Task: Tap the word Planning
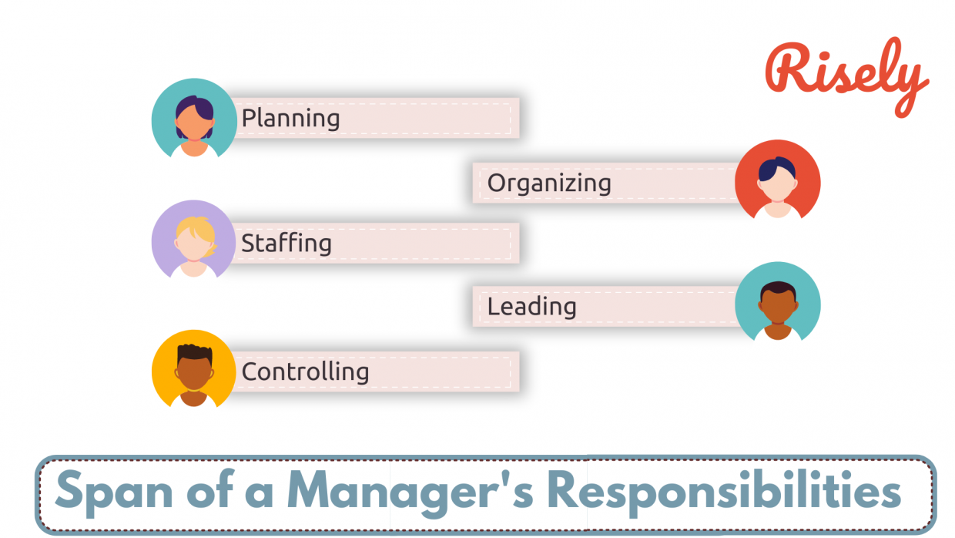point(290,119)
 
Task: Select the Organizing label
point(548,183)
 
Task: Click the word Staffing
point(286,244)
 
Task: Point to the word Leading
point(531,307)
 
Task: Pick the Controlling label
point(305,372)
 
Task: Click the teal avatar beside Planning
point(194,120)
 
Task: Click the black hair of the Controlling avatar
point(193,354)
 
